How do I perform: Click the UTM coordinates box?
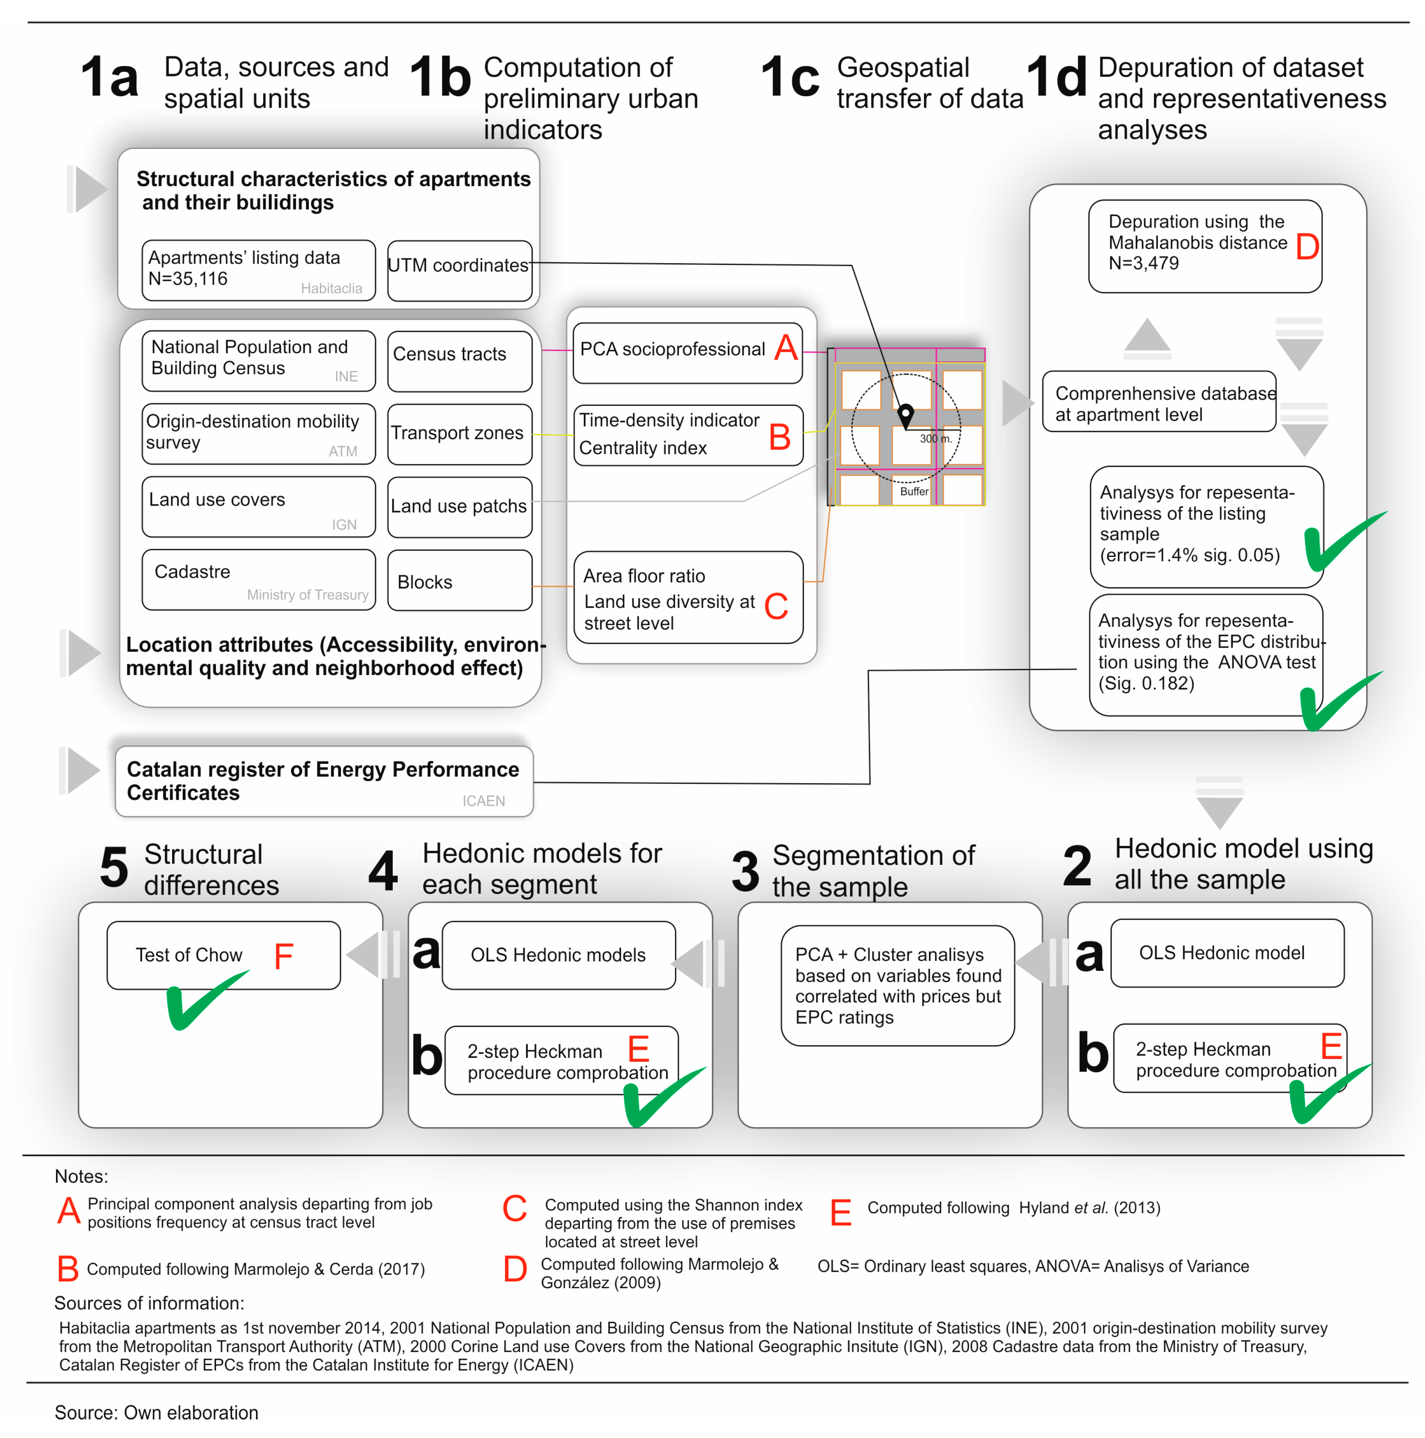[x=459, y=270]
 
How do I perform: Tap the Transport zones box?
[x=459, y=433]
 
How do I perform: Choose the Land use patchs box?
[x=459, y=506]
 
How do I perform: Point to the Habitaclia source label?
[x=331, y=288]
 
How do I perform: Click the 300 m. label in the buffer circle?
[x=935, y=438]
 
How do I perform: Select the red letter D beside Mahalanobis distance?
[x=1307, y=246]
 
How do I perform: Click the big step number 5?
[x=114, y=867]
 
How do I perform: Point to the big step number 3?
[x=745, y=871]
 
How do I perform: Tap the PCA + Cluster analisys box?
[x=897, y=985]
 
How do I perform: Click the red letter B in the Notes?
[x=68, y=1268]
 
